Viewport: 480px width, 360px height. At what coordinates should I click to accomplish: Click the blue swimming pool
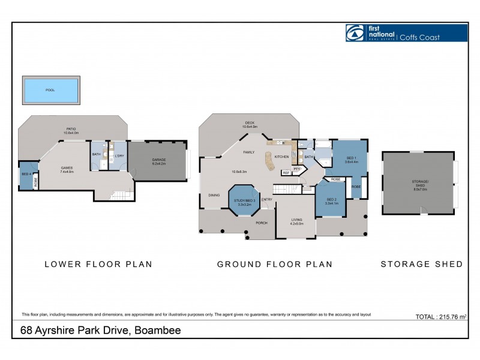[50, 90]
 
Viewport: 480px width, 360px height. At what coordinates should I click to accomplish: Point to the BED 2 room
[332, 201]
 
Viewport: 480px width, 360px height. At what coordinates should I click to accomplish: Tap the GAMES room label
[67, 169]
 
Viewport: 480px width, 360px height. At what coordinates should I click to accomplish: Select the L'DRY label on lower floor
[119, 154]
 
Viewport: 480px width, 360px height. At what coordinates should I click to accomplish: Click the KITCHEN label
[281, 157]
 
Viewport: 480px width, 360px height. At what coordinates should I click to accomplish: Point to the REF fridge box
[286, 173]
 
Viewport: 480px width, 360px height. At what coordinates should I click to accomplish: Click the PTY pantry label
[296, 169]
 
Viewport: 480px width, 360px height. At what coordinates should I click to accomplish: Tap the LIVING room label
[296, 221]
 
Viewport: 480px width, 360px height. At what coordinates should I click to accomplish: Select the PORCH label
[261, 223]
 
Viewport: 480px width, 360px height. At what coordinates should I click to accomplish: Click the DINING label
[214, 195]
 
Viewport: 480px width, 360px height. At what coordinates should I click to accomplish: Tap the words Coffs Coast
[420, 37]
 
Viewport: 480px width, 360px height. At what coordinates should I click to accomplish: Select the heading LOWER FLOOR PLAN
[98, 264]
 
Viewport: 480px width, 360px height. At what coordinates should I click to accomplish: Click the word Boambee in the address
[158, 330]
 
